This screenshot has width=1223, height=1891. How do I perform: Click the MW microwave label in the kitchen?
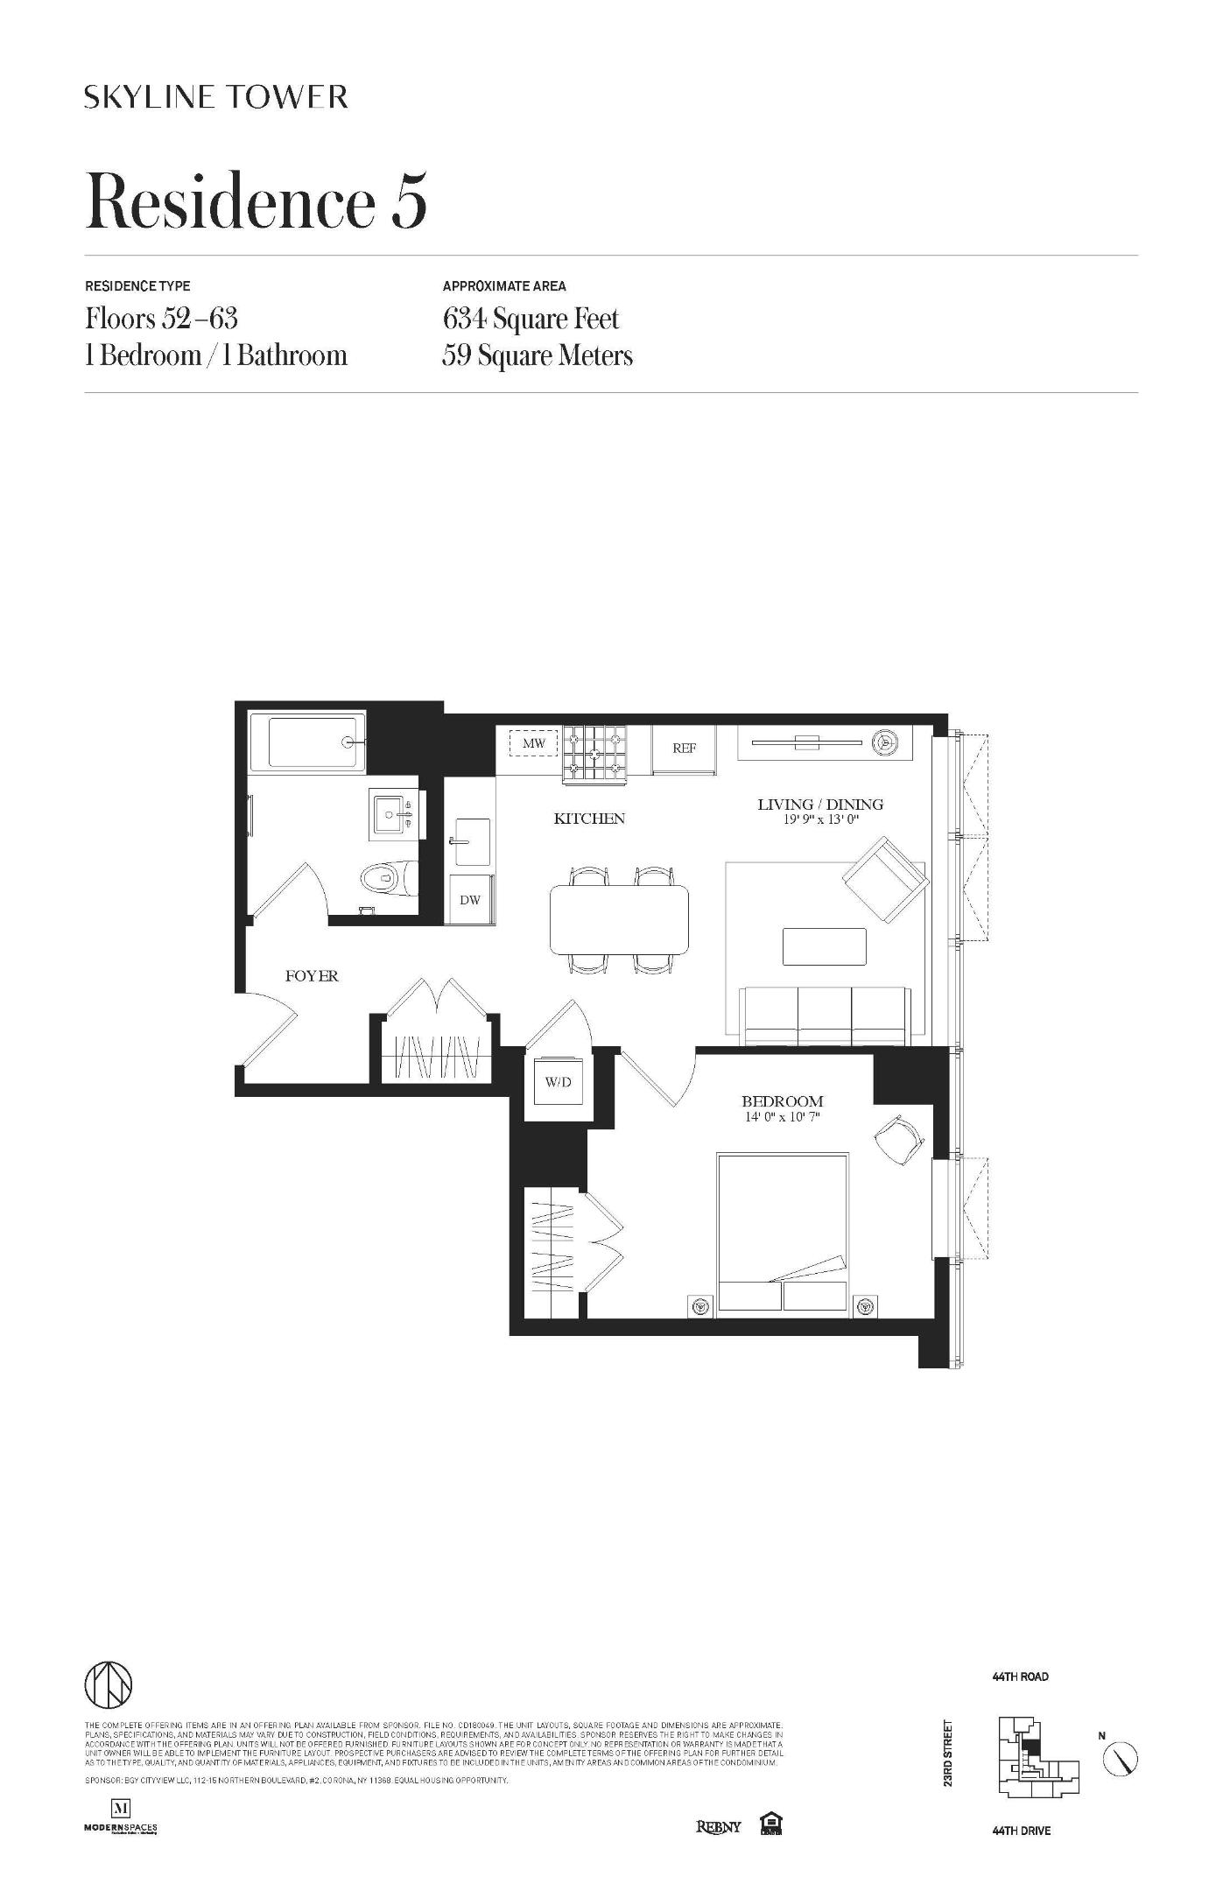pyautogui.click(x=533, y=744)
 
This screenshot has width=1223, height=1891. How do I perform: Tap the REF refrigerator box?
pyautogui.click(x=684, y=749)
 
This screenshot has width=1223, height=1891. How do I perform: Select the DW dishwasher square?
pyautogui.click(x=470, y=899)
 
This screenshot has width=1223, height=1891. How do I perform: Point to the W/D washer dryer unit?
pyautogui.click(x=558, y=1082)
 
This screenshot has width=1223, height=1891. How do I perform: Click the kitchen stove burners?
pyautogui.click(x=595, y=753)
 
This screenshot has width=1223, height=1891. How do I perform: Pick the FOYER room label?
pyautogui.click(x=312, y=976)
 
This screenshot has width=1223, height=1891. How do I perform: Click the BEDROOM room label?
pyautogui.click(x=783, y=1101)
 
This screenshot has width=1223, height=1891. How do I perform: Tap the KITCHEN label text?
pyautogui.click(x=589, y=819)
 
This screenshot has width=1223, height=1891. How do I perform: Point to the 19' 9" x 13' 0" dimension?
pyautogui.click(x=820, y=820)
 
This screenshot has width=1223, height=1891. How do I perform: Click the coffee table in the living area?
pyautogui.click(x=824, y=946)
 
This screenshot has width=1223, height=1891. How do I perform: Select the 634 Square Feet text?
pyautogui.click(x=531, y=319)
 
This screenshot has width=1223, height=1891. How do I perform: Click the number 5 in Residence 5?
pyautogui.click(x=409, y=201)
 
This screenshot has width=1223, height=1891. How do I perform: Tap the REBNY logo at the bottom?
pyautogui.click(x=718, y=1826)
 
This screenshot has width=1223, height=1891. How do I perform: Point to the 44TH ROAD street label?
pyautogui.click(x=1020, y=1677)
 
